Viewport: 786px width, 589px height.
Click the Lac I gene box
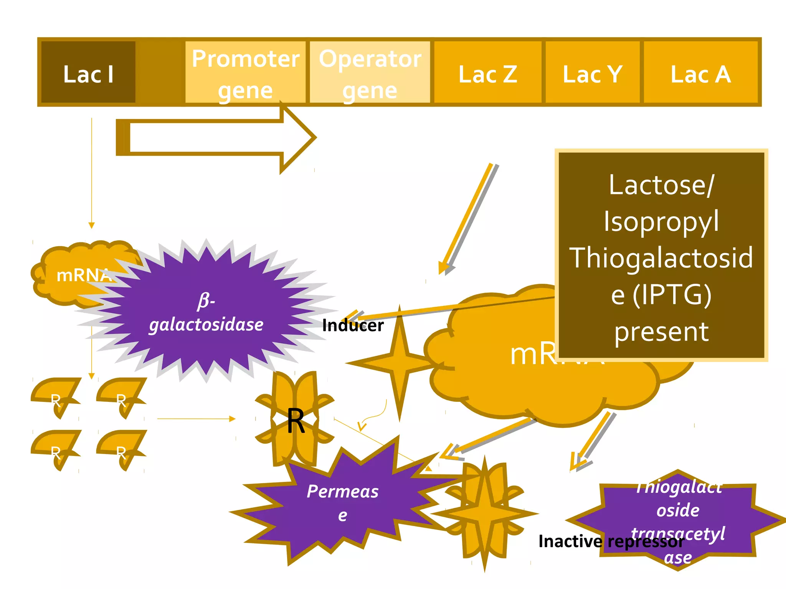point(88,73)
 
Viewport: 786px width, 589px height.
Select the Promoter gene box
point(245,73)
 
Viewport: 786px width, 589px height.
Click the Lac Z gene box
point(487,73)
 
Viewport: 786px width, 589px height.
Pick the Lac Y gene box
point(592,73)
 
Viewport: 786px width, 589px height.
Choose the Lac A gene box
point(700,73)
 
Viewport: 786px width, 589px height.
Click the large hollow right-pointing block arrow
point(215,138)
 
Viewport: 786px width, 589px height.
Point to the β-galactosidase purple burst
point(206,311)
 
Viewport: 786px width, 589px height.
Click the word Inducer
point(353,326)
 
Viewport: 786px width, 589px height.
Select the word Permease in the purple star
point(342,492)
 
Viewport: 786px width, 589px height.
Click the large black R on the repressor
point(296,421)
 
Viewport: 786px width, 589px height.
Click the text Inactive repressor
point(611,541)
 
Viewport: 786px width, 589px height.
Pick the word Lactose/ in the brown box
point(661,185)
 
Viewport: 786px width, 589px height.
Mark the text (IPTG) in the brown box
point(672,294)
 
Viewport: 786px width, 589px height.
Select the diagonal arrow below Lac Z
point(468,219)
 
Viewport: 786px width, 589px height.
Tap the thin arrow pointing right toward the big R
point(196,419)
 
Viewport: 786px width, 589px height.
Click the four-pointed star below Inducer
point(399,362)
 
